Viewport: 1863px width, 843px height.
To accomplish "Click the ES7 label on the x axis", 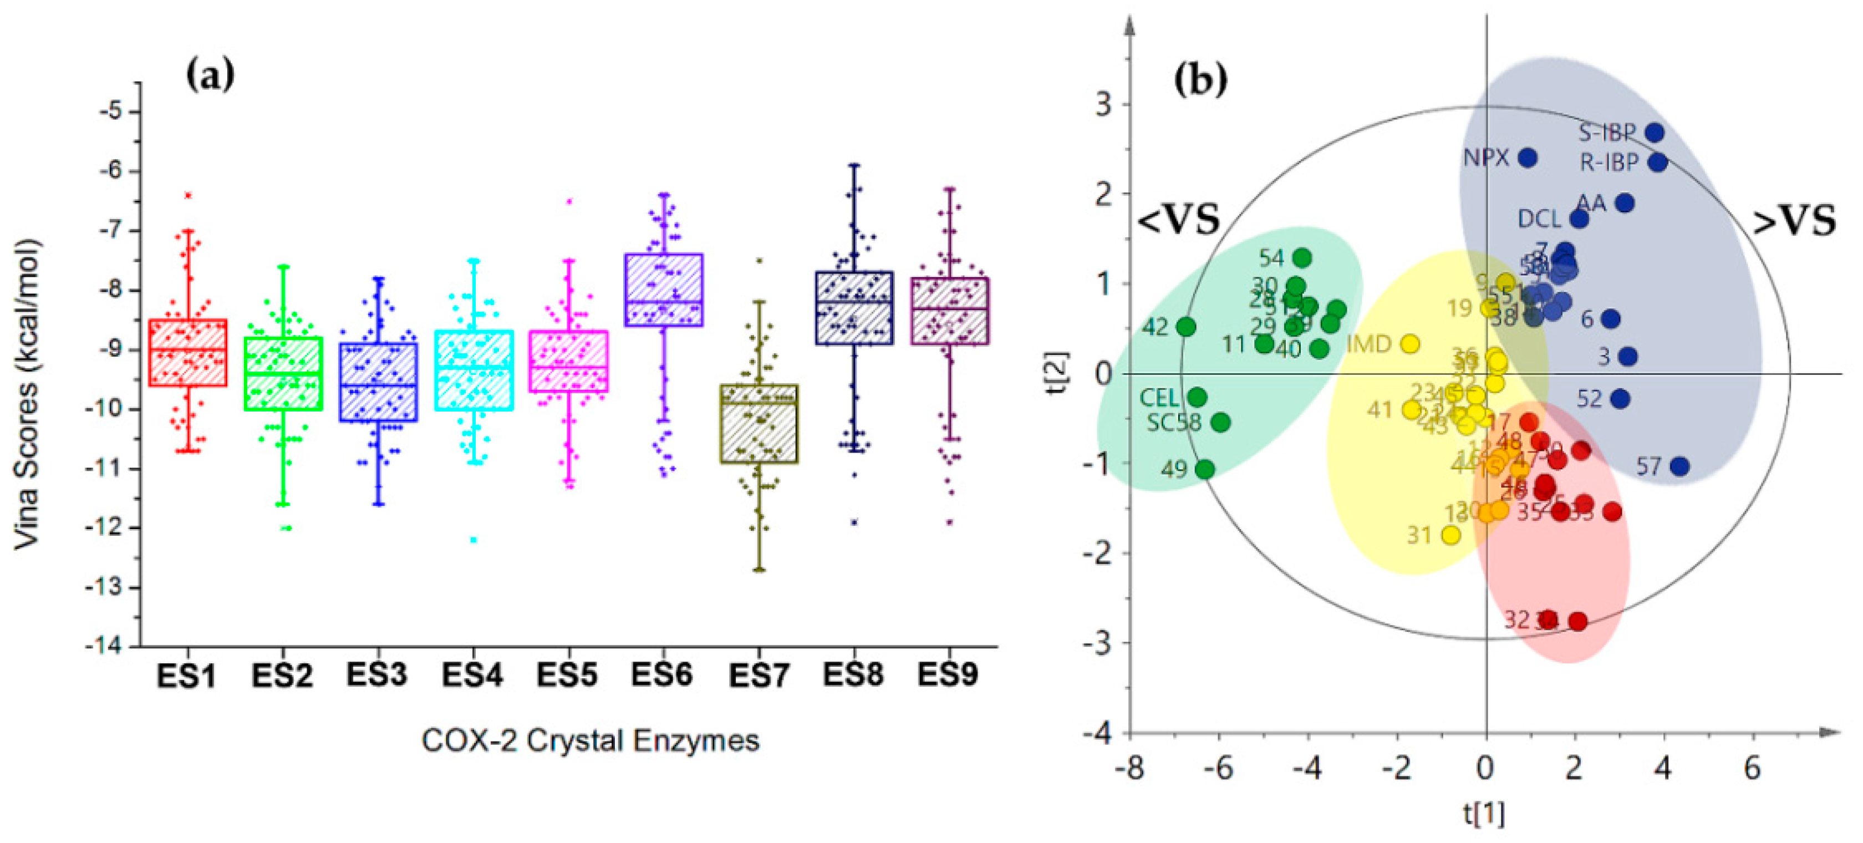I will coord(758,676).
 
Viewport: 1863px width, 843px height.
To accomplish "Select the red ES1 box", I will coord(187,352).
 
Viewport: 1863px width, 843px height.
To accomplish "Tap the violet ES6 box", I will coord(663,290).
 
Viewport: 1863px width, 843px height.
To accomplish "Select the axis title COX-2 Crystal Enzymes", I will coord(590,741).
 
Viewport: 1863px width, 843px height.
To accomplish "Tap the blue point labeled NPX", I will coord(1526,158).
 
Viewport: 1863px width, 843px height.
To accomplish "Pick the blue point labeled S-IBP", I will coord(1654,133).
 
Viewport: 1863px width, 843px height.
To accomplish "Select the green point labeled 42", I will coord(1186,327).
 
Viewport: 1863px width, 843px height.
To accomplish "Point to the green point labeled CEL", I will coord(1197,397).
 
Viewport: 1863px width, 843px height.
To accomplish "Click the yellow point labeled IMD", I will coord(1409,344).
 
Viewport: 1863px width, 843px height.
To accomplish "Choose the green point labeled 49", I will coord(1204,469).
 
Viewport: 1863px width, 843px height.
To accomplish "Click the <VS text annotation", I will coord(1179,219).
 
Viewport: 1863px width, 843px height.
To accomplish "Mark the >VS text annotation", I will coord(1794,221).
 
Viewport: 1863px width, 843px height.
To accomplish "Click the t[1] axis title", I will coord(1484,814).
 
